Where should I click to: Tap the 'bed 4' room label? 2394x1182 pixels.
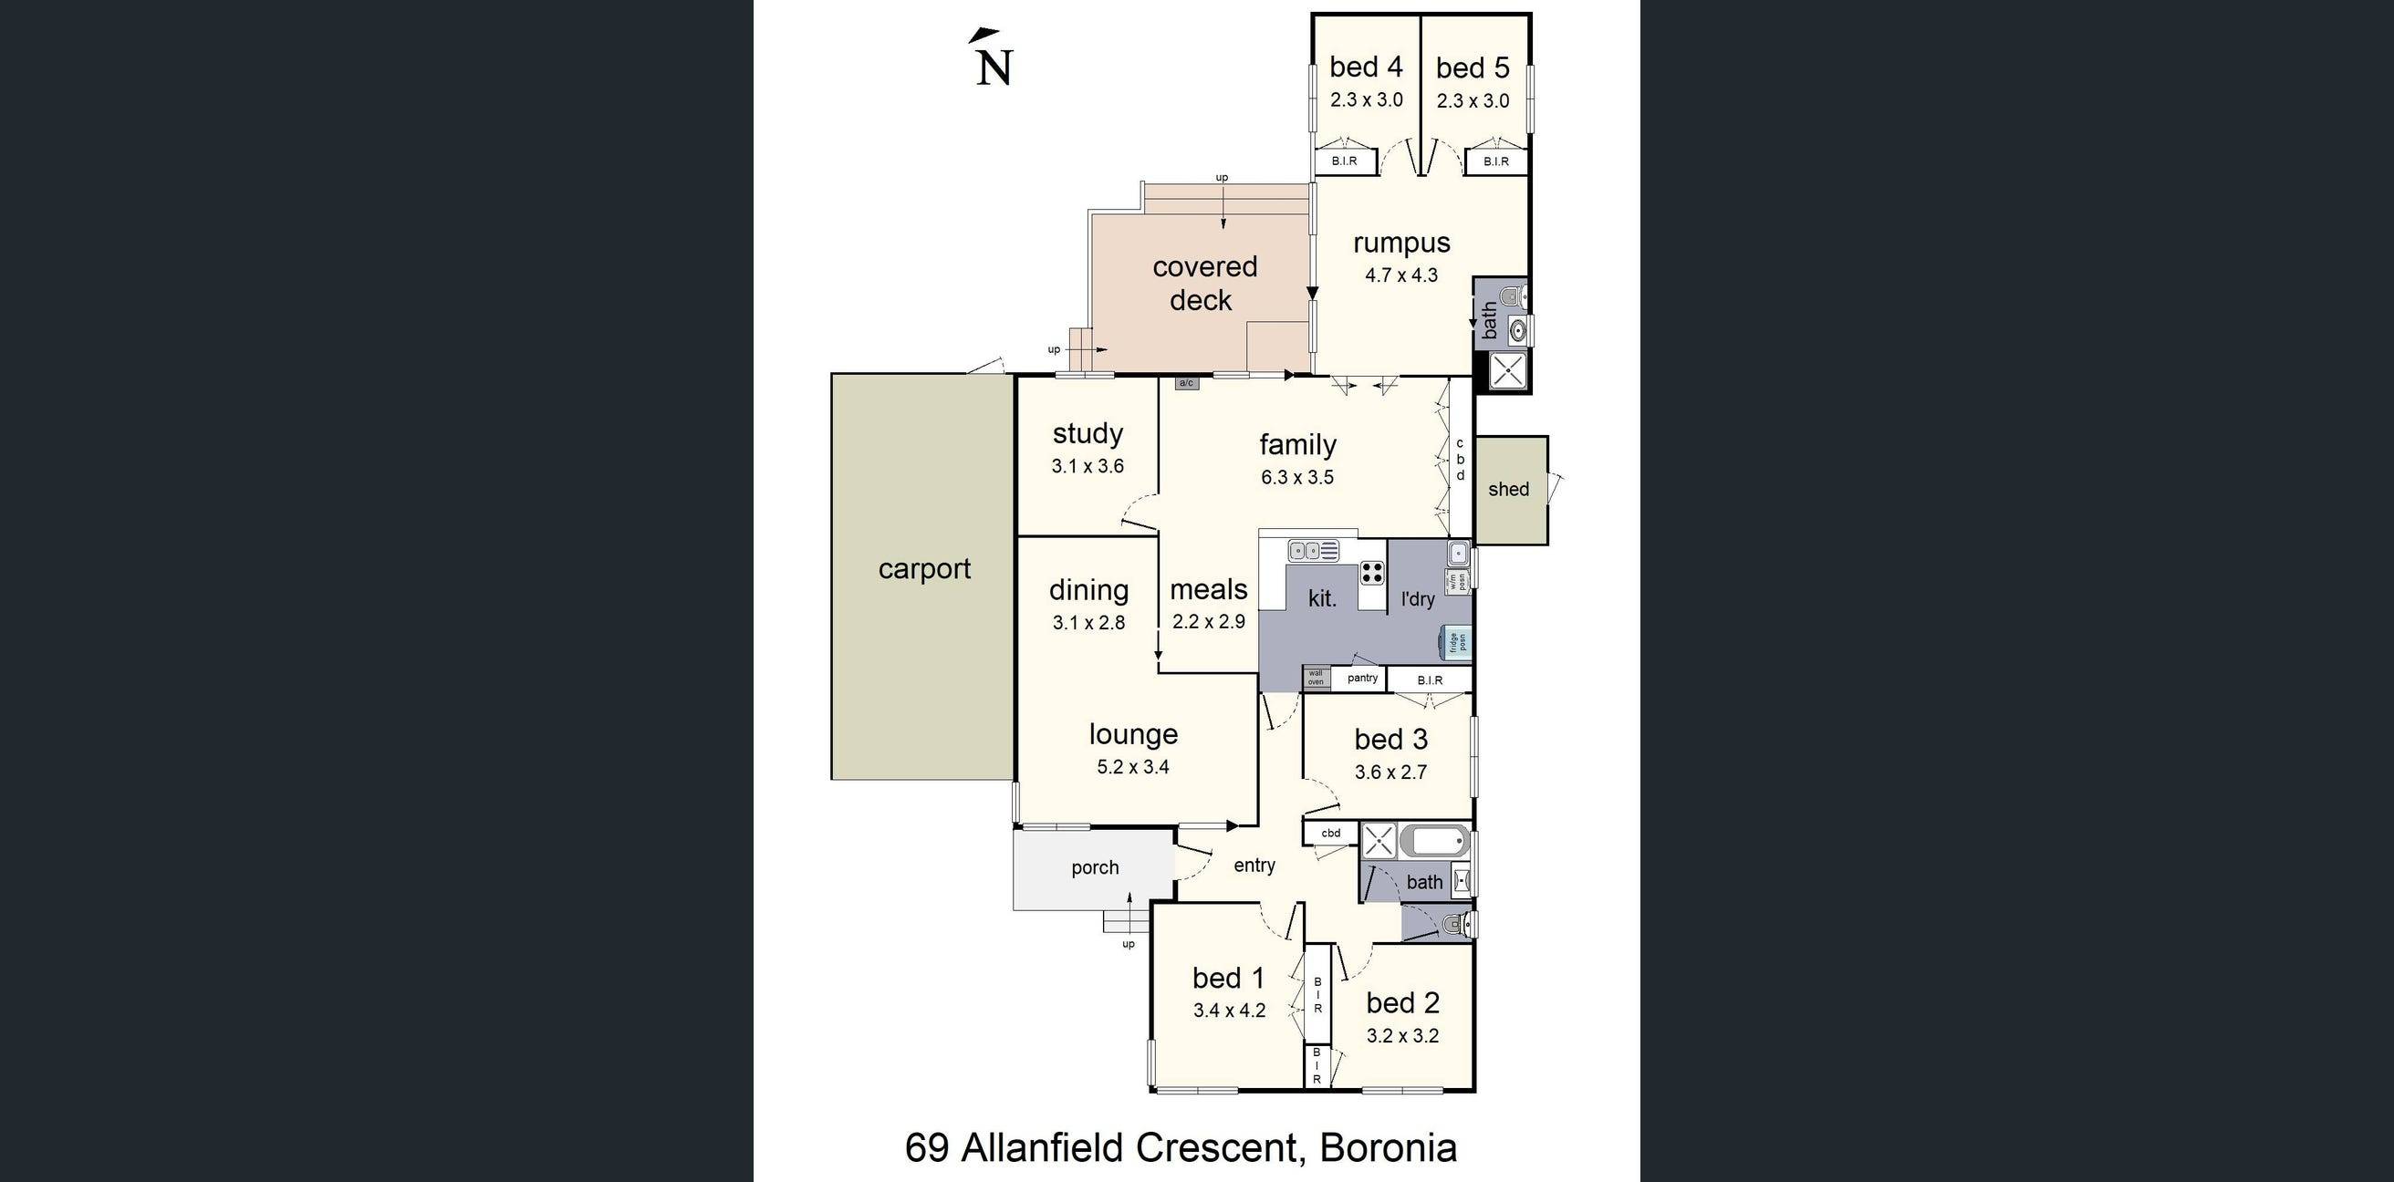(x=1365, y=67)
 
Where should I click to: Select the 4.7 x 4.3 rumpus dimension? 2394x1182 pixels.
(x=1400, y=275)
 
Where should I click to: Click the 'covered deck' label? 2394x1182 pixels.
(x=1203, y=284)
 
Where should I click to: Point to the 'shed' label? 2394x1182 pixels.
(x=1507, y=490)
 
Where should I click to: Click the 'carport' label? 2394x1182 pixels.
(x=924, y=569)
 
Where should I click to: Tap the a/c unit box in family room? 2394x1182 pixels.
(x=1186, y=383)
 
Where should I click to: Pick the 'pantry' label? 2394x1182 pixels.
(x=1361, y=679)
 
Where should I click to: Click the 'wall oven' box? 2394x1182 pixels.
(x=1315, y=678)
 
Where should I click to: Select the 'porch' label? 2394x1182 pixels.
(x=1095, y=868)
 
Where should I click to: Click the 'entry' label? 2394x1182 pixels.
(x=1254, y=866)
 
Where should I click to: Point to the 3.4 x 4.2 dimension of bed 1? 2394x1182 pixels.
(x=1229, y=1011)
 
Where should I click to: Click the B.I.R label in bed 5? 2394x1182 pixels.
(x=1495, y=161)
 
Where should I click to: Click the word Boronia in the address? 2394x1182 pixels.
(x=1388, y=1148)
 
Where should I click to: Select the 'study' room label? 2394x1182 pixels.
(x=1088, y=434)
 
